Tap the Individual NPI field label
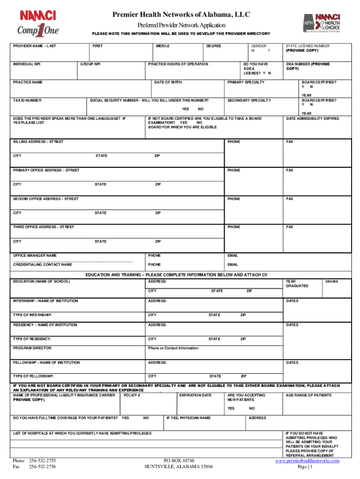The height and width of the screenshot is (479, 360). pyautogui.click(x=27, y=64)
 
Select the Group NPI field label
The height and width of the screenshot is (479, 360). pyautogui.click(x=90, y=64)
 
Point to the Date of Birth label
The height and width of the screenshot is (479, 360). pyautogui.click(x=168, y=82)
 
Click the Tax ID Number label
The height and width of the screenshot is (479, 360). pyautogui.click(x=28, y=101)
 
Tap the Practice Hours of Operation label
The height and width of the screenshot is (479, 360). pyautogui.click(x=178, y=64)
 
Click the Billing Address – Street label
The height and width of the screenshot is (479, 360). pyautogui.click(x=39, y=142)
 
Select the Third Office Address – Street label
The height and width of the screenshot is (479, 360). pyautogui.click(x=43, y=227)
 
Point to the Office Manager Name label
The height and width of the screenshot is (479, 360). pyautogui.click(x=35, y=256)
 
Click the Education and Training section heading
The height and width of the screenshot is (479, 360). pyautogui.click(x=180, y=275)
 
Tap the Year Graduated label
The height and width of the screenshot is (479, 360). pyautogui.click(x=297, y=283)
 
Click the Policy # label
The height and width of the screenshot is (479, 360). pyautogui.click(x=132, y=395)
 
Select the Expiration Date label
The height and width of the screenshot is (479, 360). pyautogui.click(x=195, y=395)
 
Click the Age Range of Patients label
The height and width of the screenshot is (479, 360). pyautogui.click(x=309, y=395)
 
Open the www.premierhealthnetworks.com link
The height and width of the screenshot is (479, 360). pyautogui.click(x=307, y=461)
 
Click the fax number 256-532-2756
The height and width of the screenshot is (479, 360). pyautogui.click(x=43, y=467)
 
